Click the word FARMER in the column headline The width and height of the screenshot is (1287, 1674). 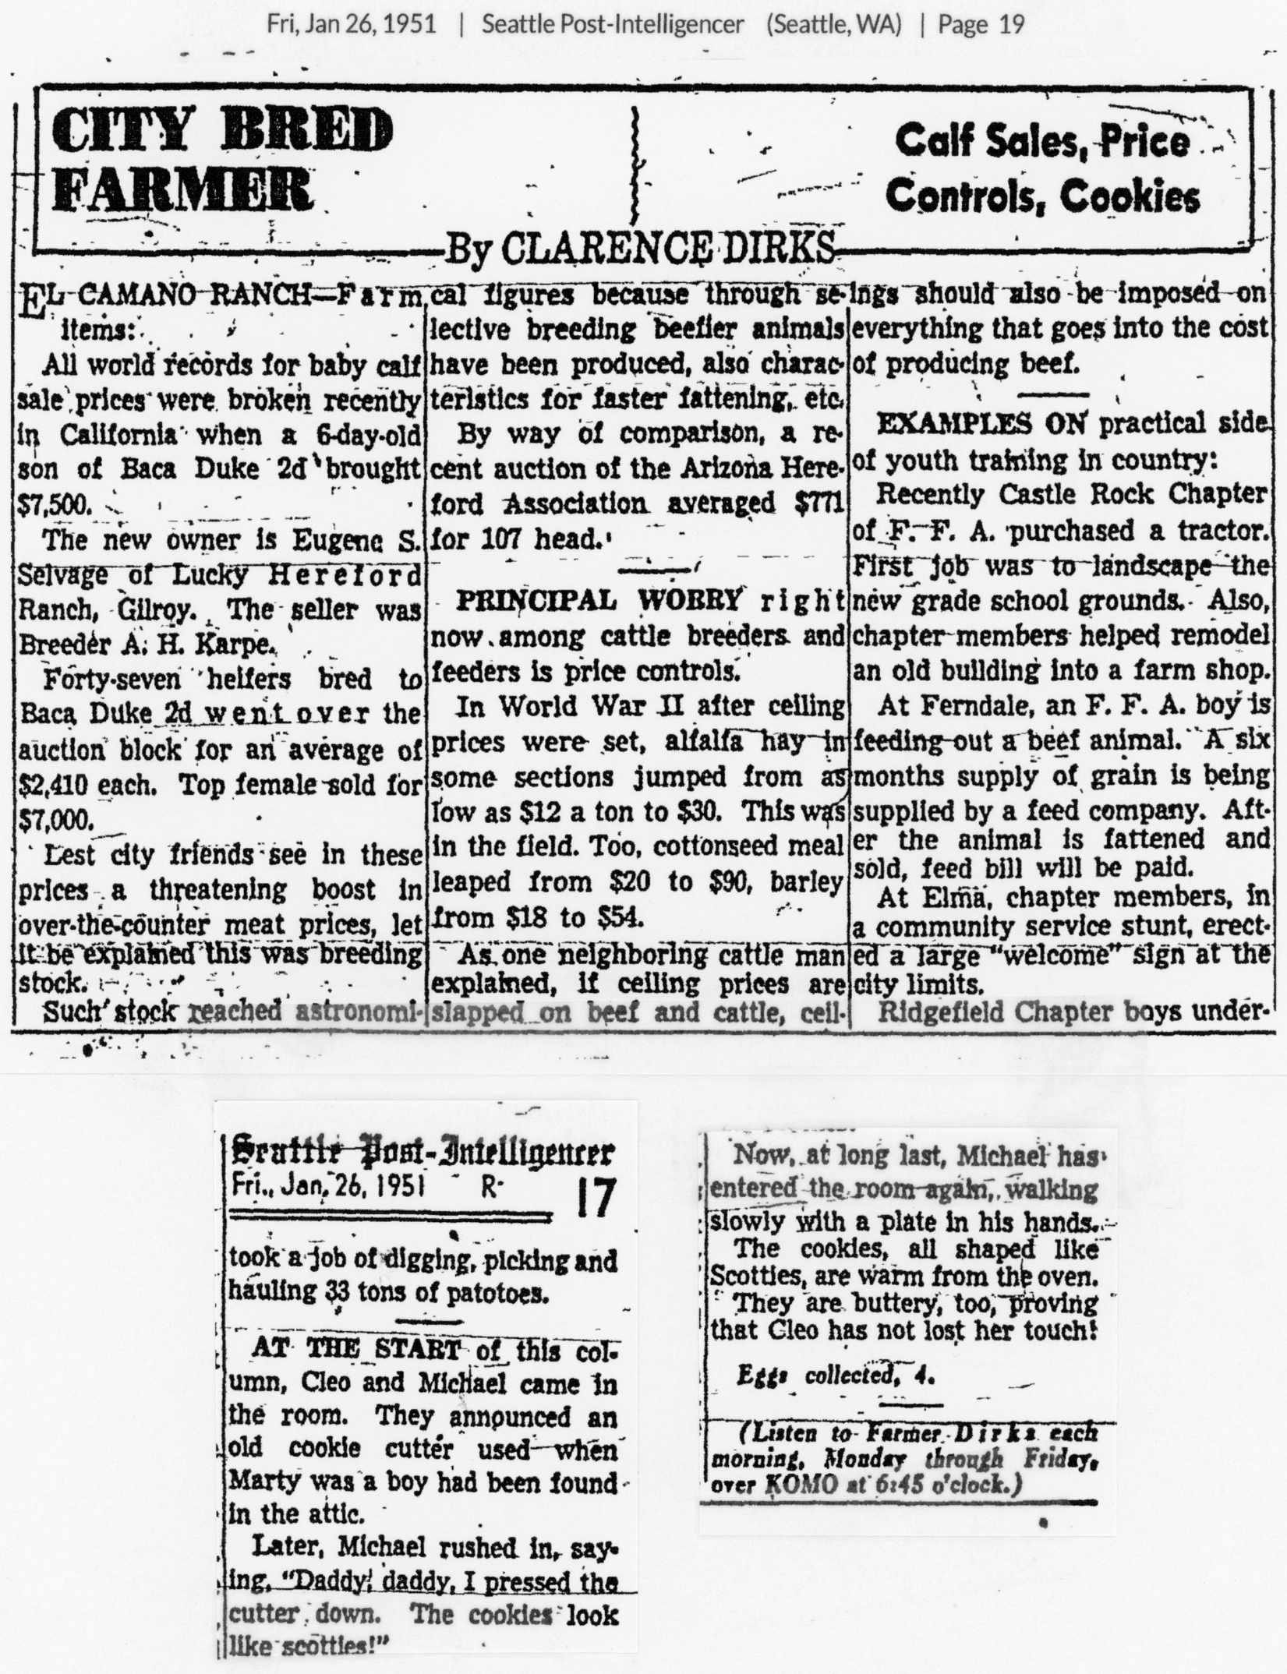[183, 189]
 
